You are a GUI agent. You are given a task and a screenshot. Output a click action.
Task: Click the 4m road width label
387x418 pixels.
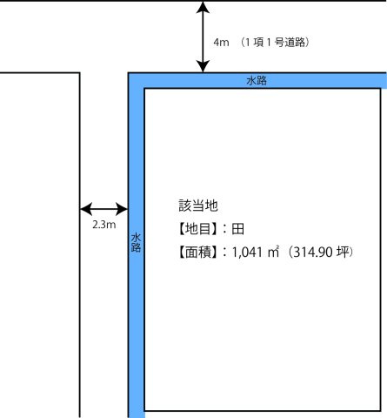(x=221, y=43)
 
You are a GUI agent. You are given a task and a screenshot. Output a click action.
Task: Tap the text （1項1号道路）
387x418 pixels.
(x=275, y=43)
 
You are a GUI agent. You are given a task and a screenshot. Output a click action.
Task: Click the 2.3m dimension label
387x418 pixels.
(x=104, y=225)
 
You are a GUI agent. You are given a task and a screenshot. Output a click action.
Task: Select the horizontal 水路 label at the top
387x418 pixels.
(x=257, y=80)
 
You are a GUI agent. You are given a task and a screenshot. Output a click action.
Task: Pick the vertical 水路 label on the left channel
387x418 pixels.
(x=136, y=242)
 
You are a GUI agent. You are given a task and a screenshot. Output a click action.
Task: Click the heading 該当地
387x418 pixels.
(x=198, y=206)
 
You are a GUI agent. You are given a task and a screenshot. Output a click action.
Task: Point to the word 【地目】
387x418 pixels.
(x=197, y=229)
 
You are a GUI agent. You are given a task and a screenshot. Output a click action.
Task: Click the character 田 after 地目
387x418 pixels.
(x=237, y=229)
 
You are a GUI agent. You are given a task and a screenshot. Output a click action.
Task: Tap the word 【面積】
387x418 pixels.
(x=197, y=252)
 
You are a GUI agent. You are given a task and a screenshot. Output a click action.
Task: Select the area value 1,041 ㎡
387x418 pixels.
(x=256, y=252)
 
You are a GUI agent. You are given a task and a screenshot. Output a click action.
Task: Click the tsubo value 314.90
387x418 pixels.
(x=313, y=252)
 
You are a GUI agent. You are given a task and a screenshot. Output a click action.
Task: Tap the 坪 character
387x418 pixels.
(x=343, y=252)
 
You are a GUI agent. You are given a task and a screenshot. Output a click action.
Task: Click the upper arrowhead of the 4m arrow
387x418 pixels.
(x=203, y=6)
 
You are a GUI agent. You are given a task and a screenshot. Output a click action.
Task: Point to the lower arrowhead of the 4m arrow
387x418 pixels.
(x=203, y=66)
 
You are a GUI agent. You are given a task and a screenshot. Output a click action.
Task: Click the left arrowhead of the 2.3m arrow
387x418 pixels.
(x=86, y=209)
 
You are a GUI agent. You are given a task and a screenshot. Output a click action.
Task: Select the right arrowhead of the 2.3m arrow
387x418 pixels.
(x=122, y=209)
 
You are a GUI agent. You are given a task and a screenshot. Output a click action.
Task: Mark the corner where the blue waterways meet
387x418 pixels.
(x=129, y=73)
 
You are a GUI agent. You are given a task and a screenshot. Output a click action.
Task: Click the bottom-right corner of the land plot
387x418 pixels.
(x=381, y=411)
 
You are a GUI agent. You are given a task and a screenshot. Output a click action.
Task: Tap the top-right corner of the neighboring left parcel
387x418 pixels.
(x=80, y=73)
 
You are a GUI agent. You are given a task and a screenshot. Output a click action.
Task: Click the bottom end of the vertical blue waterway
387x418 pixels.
(x=137, y=417)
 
